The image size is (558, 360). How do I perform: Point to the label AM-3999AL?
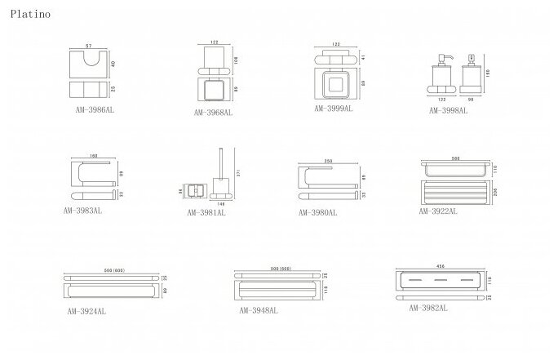point(334,108)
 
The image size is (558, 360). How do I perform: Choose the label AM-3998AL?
point(449,109)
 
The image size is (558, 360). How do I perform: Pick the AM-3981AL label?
point(206,212)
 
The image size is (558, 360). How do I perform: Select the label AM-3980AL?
point(317,211)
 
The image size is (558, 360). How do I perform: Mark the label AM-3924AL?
point(87,311)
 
